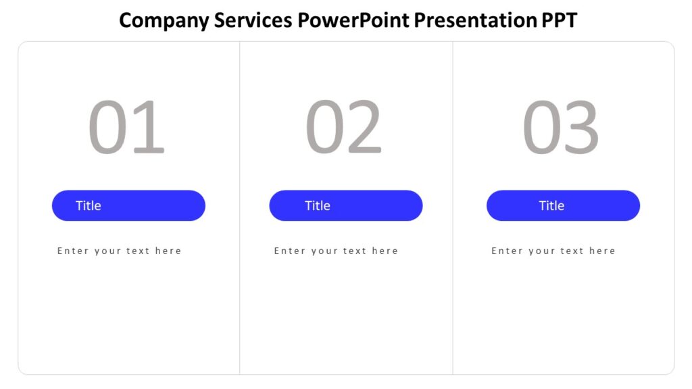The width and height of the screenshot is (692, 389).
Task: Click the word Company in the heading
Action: coord(164,20)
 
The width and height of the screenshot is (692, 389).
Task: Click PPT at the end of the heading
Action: coord(559,20)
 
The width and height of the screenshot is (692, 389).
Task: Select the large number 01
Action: coord(126,128)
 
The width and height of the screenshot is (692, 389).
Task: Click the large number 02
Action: coord(344,128)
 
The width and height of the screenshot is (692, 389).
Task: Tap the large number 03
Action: coord(561,128)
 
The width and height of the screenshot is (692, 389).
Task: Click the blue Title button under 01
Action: coord(128,205)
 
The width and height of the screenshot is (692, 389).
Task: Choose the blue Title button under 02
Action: coord(345,205)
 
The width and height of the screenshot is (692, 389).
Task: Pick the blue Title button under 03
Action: coord(563,205)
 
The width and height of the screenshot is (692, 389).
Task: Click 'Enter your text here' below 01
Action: coord(120,251)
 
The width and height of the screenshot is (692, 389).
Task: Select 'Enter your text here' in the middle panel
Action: coord(336,251)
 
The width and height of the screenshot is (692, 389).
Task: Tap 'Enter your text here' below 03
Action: coord(553,251)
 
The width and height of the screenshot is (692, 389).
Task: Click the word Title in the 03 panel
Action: coord(551,205)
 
